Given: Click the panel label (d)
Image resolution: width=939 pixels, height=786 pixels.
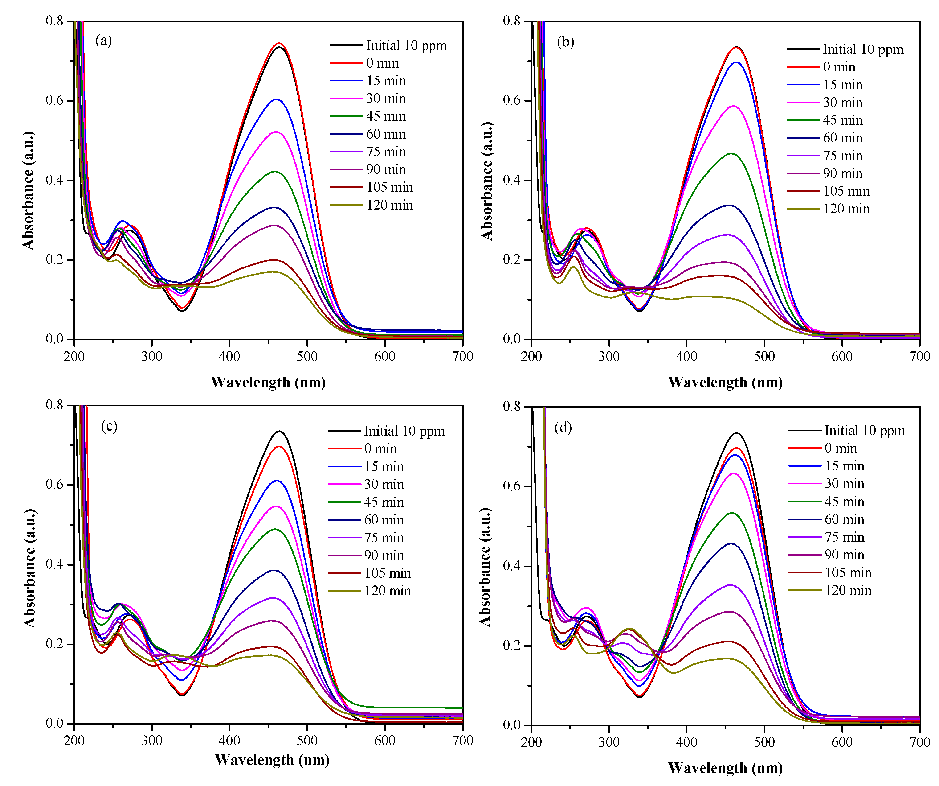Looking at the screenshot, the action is pyautogui.click(x=563, y=428).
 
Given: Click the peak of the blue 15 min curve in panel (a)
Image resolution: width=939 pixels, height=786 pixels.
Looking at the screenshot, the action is pyautogui.click(x=276, y=99).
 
